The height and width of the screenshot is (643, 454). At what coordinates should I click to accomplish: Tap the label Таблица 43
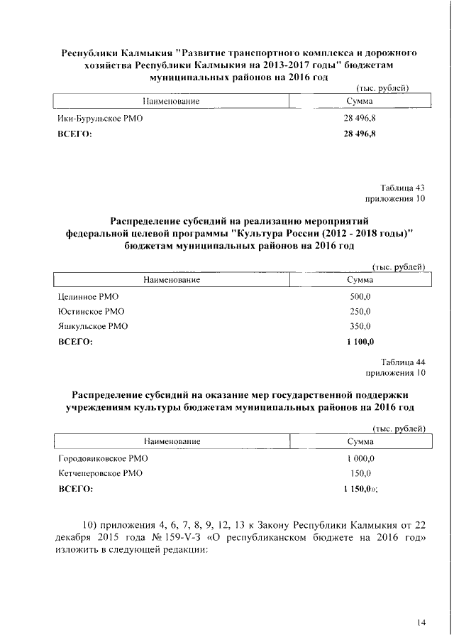(403, 188)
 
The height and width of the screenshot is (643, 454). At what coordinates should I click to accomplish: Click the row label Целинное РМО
(83, 296)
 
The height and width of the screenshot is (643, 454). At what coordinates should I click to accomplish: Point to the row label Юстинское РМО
(86, 311)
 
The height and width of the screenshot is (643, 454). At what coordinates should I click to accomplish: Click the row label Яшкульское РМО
(88, 326)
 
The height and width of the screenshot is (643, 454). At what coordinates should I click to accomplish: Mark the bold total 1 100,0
(360, 342)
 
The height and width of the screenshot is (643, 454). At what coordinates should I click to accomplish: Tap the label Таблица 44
(403, 362)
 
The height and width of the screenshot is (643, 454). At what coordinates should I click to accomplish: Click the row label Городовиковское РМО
(103, 458)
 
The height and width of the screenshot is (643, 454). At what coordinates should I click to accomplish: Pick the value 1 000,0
(360, 458)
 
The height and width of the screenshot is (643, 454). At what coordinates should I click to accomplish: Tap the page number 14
(421, 623)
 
